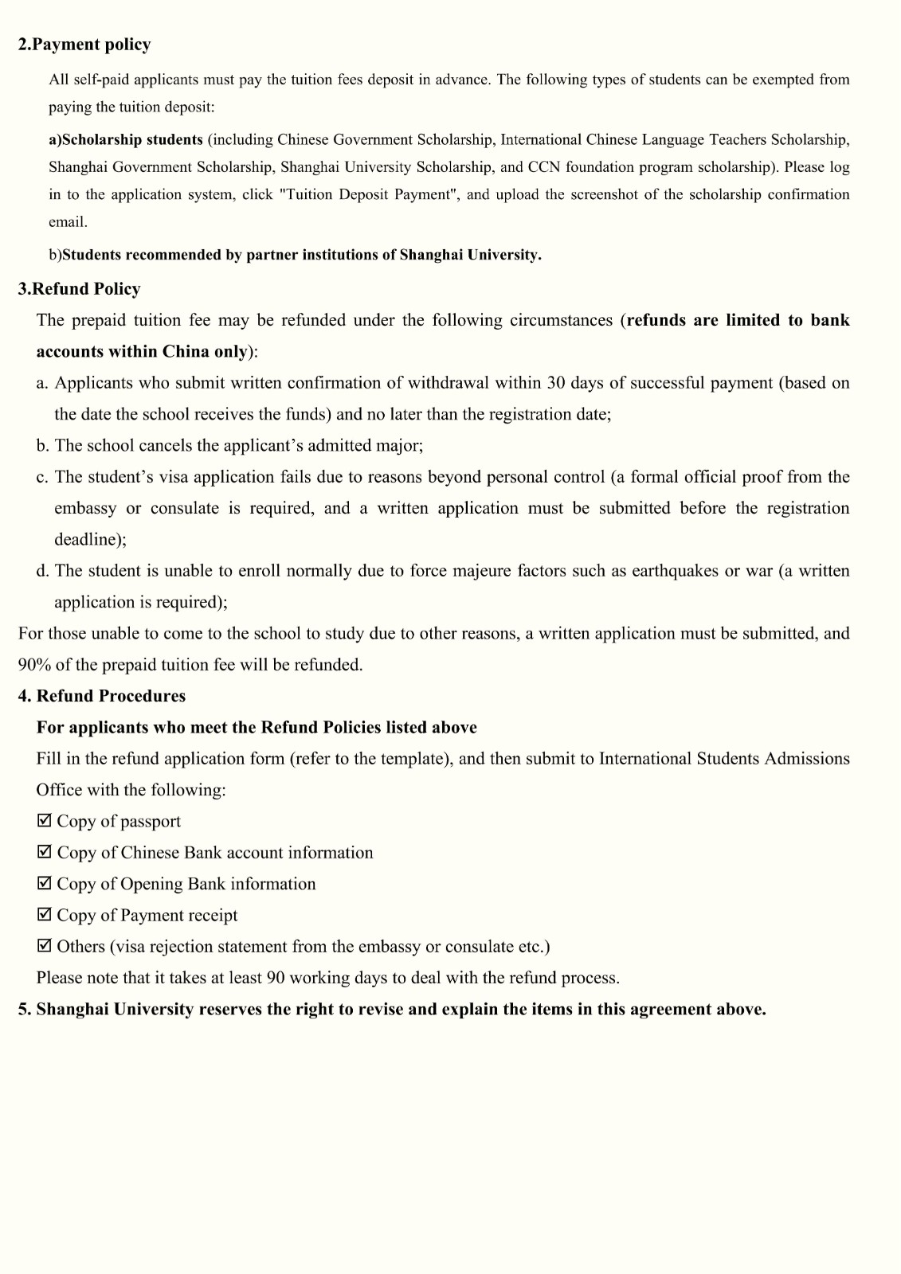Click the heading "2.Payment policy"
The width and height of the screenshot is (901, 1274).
(84, 45)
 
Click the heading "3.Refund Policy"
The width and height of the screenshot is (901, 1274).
(79, 289)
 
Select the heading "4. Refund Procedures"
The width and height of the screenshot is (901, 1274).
(101, 696)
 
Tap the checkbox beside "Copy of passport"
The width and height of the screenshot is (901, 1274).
(45, 820)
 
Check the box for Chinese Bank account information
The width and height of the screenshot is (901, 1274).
(45, 852)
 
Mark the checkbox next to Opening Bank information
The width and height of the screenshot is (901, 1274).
(45, 883)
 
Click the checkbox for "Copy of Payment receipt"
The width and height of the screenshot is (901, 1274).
(45, 914)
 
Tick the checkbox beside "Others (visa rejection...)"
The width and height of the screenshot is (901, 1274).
(45, 946)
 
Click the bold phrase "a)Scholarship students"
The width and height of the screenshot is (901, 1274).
(126, 140)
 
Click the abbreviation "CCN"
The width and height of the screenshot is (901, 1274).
(544, 167)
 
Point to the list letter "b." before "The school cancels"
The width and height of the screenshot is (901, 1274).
(42, 446)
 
